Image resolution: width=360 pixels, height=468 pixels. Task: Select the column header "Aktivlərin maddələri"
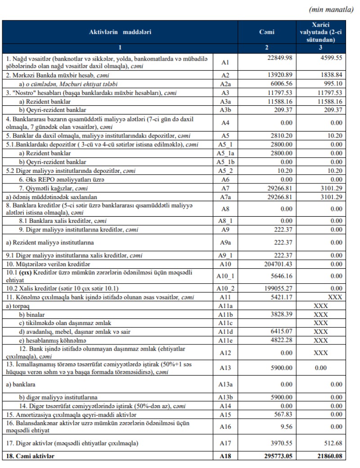(120, 32)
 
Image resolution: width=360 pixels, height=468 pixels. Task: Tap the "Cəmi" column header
(266, 32)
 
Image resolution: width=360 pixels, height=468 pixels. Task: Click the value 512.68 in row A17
(331, 444)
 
